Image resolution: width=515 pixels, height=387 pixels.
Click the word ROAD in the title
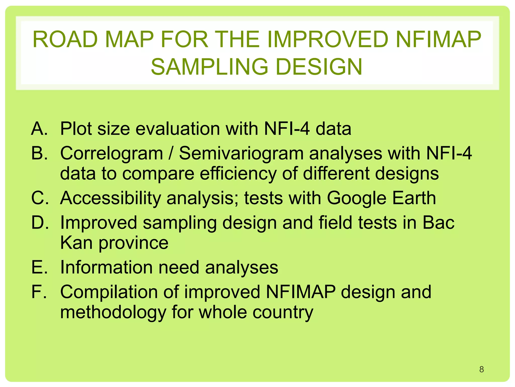(x=65, y=40)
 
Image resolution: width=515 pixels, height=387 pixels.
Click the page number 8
(x=481, y=369)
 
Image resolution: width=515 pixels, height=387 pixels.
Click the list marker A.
(x=39, y=129)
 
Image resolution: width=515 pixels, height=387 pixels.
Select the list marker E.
(x=39, y=267)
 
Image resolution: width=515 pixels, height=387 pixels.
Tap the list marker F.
(x=39, y=292)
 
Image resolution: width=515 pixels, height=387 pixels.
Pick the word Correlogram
(x=112, y=153)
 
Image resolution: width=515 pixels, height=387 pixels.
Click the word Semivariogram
(x=241, y=153)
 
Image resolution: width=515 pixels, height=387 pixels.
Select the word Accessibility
(x=110, y=198)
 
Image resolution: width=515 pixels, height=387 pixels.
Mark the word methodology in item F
(x=113, y=312)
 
